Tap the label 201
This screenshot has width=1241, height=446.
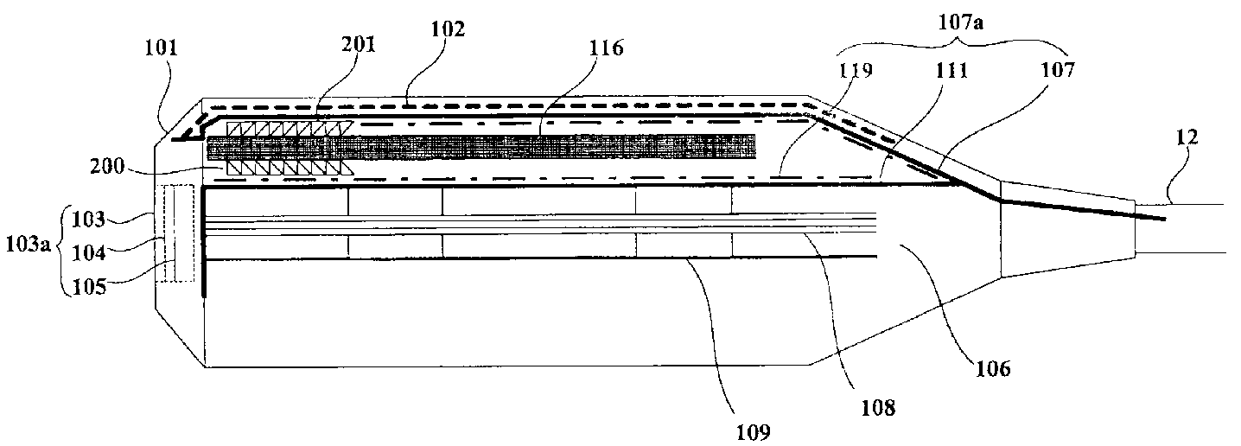tap(358, 44)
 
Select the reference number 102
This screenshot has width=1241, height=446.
tap(447, 29)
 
